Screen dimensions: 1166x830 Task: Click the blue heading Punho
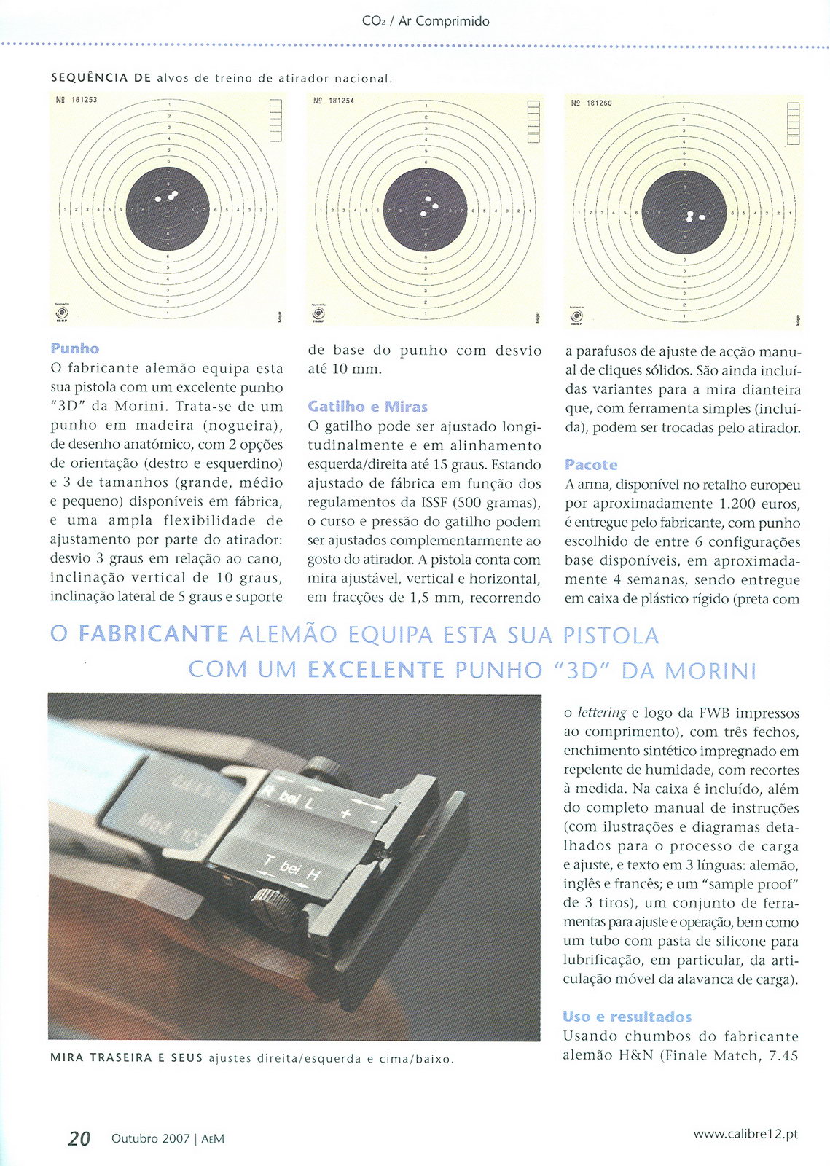tap(75, 349)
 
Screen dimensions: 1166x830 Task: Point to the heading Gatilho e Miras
tap(367, 407)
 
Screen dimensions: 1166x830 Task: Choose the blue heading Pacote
tap(591, 465)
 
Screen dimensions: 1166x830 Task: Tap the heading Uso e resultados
tap(627, 1017)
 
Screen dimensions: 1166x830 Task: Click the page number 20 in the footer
tap(79, 1138)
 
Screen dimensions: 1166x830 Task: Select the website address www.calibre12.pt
tap(745, 1135)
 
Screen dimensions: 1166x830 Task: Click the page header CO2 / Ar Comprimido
tap(426, 21)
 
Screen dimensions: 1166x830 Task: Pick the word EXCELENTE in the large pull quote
tap(375, 670)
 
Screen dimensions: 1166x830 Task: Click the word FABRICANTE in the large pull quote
tap(153, 634)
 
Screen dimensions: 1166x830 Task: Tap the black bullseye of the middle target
tap(425, 210)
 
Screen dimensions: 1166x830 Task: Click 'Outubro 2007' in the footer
tap(150, 1138)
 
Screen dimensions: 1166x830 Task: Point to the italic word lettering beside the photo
tap(601, 713)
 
